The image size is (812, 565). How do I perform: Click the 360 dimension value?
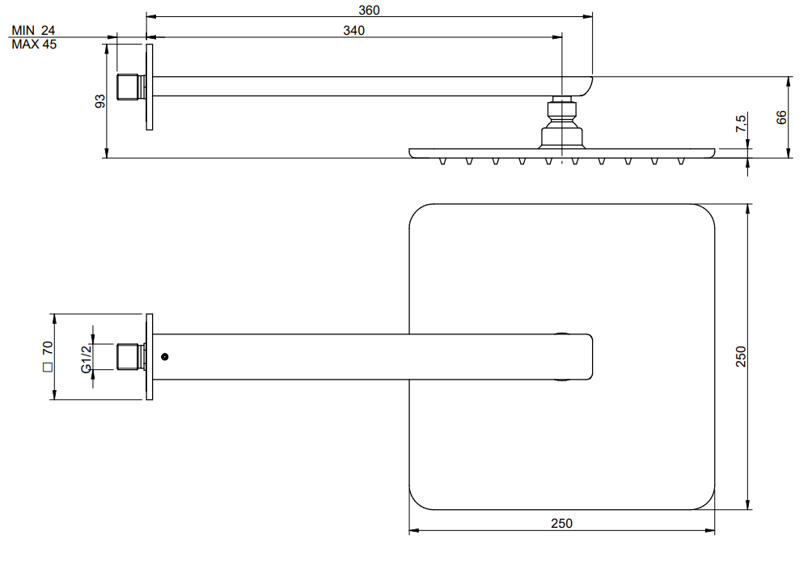pyautogui.click(x=369, y=10)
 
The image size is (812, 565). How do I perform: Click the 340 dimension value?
pyautogui.click(x=353, y=31)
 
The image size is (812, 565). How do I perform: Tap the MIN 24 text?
pyautogui.click(x=33, y=31)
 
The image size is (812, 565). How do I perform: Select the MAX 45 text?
pyautogui.click(x=34, y=45)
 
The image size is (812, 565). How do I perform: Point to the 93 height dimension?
pyautogui.click(x=100, y=101)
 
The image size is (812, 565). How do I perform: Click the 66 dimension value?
pyautogui.click(x=781, y=117)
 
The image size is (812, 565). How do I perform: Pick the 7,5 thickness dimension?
pyautogui.click(x=741, y=123)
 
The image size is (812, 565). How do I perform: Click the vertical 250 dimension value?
pyautogui.click(x=741, y=357)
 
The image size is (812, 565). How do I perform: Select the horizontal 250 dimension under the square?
pyautogui.click(x=561, y=524)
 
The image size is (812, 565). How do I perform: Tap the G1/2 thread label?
pyautogui.click(x=87, y=359)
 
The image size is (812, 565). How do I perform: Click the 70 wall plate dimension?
pyautogui.click(x=48, y=347)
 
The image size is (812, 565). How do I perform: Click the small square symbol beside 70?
pyautogui.click(x=48, y=367)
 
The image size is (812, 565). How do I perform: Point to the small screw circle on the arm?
pyautogui.click(x=165, y=357)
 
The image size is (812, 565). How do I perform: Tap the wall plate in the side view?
pyautogui.click(x=149, y=87)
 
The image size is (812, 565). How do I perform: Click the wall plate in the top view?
pyautogui.click(x=149, y=357)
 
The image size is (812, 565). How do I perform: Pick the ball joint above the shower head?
pyautogui.click(x=562, y=122)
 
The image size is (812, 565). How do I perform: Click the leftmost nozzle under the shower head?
pyautogui.click(x=442, y=161)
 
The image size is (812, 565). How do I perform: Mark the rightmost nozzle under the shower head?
pyautogui.click(x=681, y=161)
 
